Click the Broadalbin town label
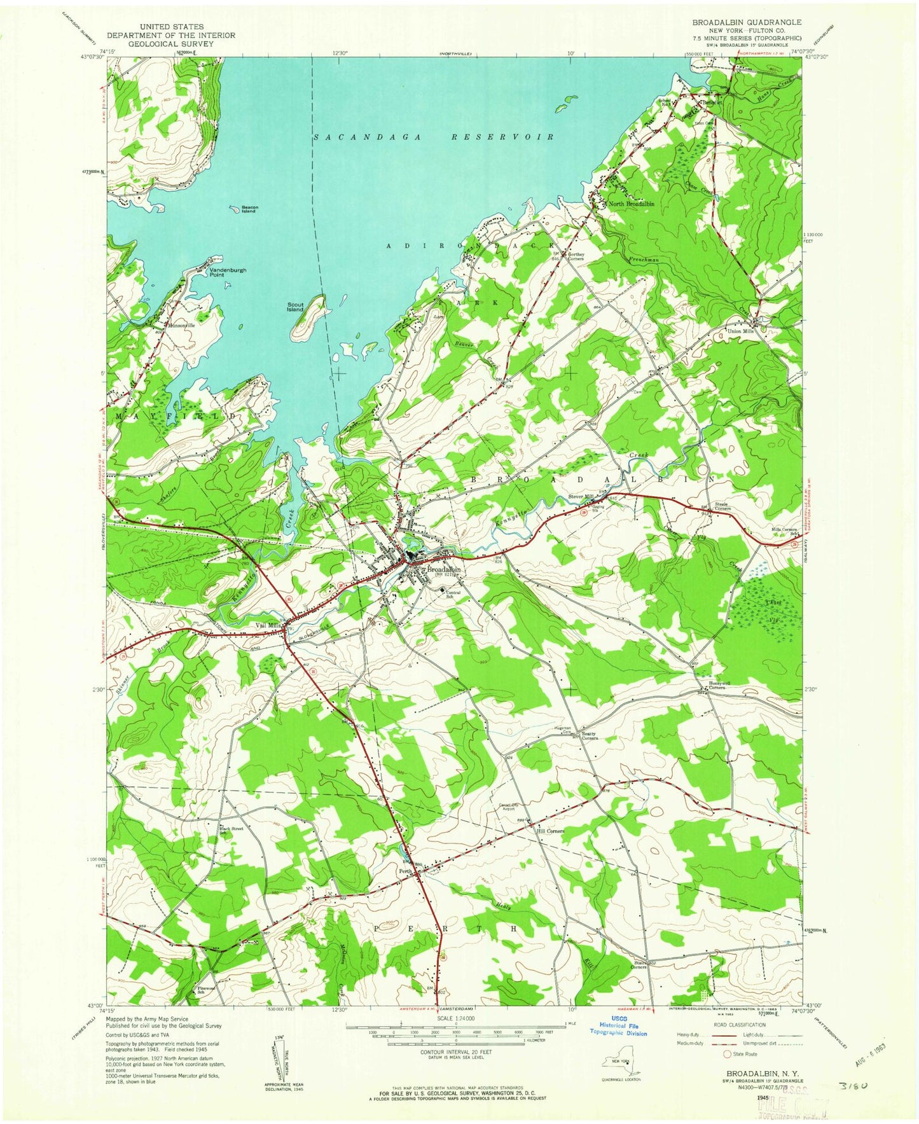[443, 569]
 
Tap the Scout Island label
[295, 307]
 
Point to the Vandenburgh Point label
[228, 272]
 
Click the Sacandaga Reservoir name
[433, 137]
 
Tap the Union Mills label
[740, 331]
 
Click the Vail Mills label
[268, 625]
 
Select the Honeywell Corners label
[720, 685]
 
